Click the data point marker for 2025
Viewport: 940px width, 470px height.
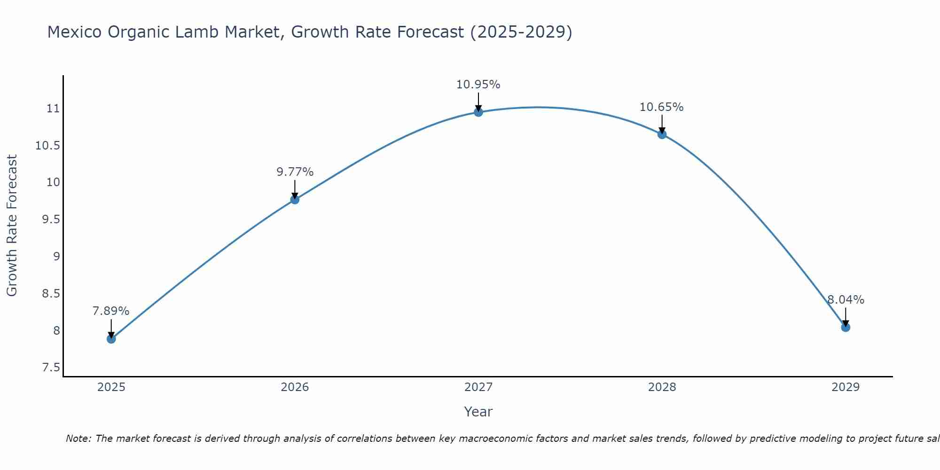pos(111,338)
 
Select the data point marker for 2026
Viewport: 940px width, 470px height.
pos(295,199)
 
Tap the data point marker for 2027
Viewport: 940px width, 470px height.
pos(478,112)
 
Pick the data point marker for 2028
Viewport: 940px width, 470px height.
pos(662,134)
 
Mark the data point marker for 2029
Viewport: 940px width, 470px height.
pos(846,327)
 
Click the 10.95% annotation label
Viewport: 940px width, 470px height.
pos(478,85)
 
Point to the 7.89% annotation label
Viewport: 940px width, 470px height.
pos(111,311)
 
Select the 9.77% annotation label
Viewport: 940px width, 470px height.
pos(295,172)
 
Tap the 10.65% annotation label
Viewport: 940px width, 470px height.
pos(661,107)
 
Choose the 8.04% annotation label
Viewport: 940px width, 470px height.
pos(846,300)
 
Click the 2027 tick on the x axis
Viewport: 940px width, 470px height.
pos(478,387)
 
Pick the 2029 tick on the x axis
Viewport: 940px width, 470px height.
pos(846,387)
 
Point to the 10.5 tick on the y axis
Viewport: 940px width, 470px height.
pos(48,146)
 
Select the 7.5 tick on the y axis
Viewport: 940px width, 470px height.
pos(51,368)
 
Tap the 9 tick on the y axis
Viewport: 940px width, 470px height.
pos(56,257)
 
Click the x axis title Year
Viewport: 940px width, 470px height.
pos(478,412)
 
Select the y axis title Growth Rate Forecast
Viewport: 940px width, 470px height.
pos(12,226)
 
